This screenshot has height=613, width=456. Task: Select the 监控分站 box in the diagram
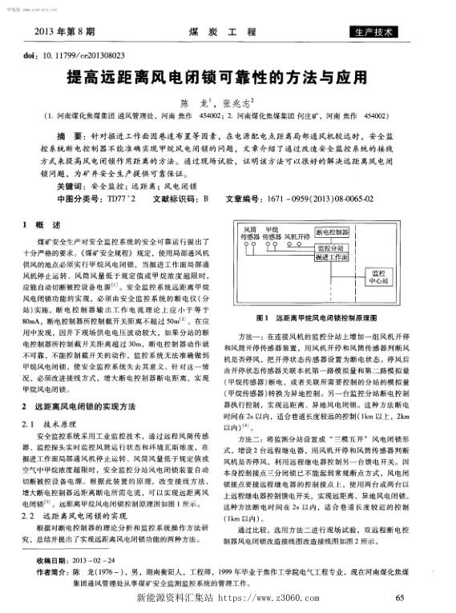pyautogui.click(x=322, y=248)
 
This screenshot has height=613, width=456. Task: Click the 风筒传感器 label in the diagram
pyautogui.click(x=250, y=235)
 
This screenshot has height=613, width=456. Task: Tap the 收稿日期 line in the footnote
pyautogui.click(x=87, y=559)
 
